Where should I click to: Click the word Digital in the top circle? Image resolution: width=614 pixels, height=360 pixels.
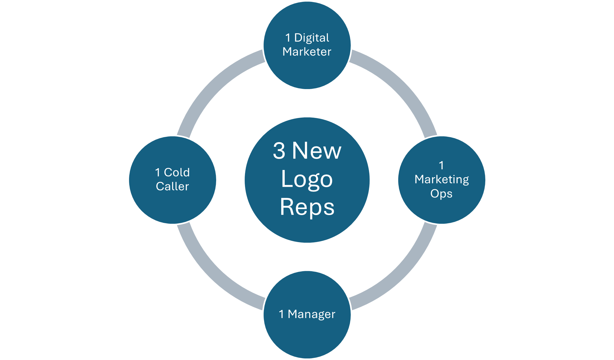pyautogui.click(x=312, y=38)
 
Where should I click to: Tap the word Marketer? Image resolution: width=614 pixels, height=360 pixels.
pyautogui.click(x=307, y=52)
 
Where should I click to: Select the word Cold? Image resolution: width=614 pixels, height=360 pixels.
pyautogui.click(x=177, y=173)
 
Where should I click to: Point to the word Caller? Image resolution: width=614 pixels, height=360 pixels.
pyautogui.click(x=172, y=187)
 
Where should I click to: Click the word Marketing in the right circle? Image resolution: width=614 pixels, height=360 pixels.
pyautogui.click(x=442, y=180)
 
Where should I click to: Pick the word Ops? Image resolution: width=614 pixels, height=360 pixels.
pyautogui.click(x=441, y=194)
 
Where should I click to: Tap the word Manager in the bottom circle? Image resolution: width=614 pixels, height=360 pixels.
pyautogui.click(x=312, y=314)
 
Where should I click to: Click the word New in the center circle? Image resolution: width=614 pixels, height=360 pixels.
pyautogui.click(x=317, y=151)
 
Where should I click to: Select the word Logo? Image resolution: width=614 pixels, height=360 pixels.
pyautogui.click(x=307, y=179)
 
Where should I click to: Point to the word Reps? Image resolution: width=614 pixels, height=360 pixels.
pyautogui.click(x=307, y=207)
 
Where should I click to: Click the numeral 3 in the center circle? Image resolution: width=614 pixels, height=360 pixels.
pyautogui.click(x=279, y=151)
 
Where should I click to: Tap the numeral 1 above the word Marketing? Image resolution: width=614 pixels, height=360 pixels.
pyautogui.click(x=441, y=165)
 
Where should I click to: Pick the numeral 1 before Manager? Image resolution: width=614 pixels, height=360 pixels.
pyautogui.click(x=282, y=314)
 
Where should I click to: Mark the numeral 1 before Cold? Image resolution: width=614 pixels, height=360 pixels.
pyautogui.click(x=158, y=173)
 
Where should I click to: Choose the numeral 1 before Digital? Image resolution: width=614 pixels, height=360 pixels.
pyautogui.click(x=288, y=38)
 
